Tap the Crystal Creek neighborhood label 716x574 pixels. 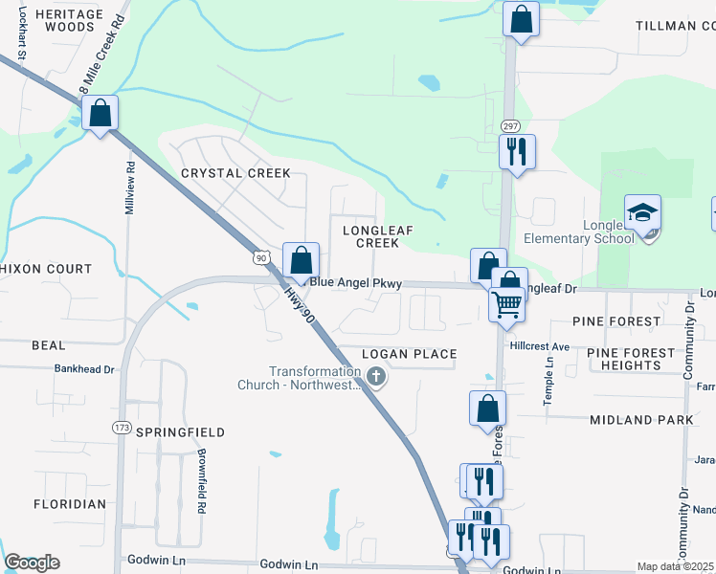tap(235, 173)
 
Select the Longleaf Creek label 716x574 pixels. tap(364, 236)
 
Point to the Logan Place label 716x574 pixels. tap(410, 355)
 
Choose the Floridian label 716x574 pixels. tap(70, 504)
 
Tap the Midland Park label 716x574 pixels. tap(635, 420)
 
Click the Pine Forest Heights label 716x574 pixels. tap(631, 359)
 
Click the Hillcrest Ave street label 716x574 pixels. tap(540, 346)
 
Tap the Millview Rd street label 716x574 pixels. tap(131, 187)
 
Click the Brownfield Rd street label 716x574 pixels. tap(202, 482)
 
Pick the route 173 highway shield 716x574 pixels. tap(122, 427)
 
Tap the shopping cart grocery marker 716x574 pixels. tap(506, 304)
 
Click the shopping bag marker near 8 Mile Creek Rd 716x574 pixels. tap(100, 114)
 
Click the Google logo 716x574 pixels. tap(32, 563)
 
